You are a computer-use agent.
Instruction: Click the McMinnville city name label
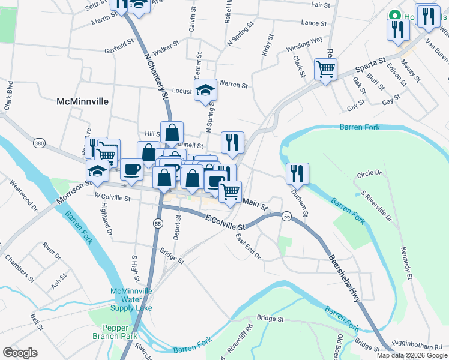click(82, 101)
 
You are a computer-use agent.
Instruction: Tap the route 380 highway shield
click(40, 143)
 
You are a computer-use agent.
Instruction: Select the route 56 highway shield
click(288, 216)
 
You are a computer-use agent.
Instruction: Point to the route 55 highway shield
click(158, 223)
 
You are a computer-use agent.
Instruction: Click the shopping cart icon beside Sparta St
click(325, 70)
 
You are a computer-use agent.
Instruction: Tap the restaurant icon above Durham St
click(297, 174)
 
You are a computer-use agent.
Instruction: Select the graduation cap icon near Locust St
click(205, 91)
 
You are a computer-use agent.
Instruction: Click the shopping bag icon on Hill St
click(172, 134)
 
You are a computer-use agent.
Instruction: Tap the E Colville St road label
click(225, 223)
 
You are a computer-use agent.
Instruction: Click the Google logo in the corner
click(20, 353)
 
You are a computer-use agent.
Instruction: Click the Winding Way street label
click(304, 45)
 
